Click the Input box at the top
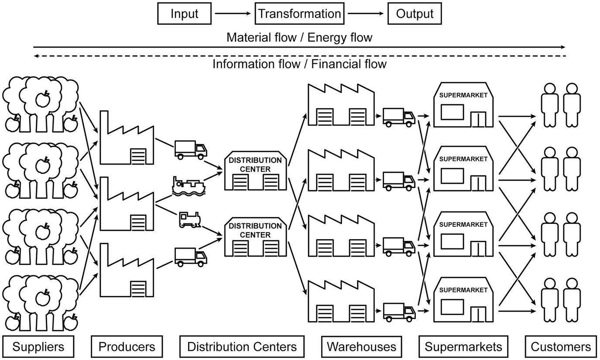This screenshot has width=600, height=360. (184, 14)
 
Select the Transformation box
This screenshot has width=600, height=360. (299, 14)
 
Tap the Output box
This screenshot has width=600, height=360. (415, 14)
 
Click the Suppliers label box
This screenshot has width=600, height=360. (38, 347)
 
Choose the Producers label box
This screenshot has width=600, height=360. (127, 347)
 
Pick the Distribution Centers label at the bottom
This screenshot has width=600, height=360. (242, 347)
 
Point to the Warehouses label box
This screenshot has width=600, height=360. (361, 347)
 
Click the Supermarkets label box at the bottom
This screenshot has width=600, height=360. (463, 347)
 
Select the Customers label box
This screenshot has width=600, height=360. (561, 347)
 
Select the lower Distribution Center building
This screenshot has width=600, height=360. (256, 237)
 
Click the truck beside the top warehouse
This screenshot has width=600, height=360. (399, 117)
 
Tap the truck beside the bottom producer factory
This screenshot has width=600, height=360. (191, 257)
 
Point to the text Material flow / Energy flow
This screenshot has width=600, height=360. (299, 38)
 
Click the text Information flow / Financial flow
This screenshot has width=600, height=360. (299, 65)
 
